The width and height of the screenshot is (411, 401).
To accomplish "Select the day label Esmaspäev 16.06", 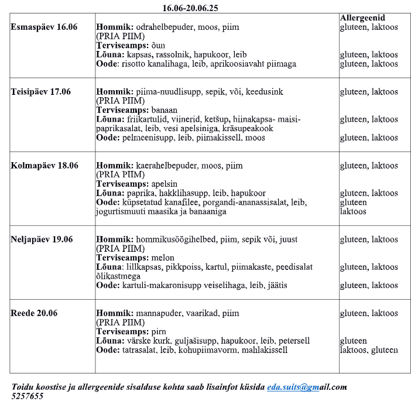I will tap(44, 28).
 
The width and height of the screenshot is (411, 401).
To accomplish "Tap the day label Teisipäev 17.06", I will tap(41, 92).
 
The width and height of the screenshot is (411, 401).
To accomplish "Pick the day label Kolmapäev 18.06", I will tap(44, 166).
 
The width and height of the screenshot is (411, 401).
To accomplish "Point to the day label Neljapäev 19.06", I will tap(42, 239).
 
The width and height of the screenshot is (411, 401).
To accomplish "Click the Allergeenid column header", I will tap(362, 18).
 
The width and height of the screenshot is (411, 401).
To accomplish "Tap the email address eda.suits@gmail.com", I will tap(307, 387).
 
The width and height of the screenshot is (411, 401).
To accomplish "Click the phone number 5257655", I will tap(28, 396).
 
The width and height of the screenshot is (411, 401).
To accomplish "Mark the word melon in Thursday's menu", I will tap(163, 258).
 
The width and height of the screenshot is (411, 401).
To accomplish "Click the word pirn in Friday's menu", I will tap(159, 331).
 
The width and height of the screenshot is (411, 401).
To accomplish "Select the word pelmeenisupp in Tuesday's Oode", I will tap(146, 138).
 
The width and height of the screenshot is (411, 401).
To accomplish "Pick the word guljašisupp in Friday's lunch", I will tap(188, 341).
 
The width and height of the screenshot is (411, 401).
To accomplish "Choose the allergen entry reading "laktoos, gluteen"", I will tap(369, 350).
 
